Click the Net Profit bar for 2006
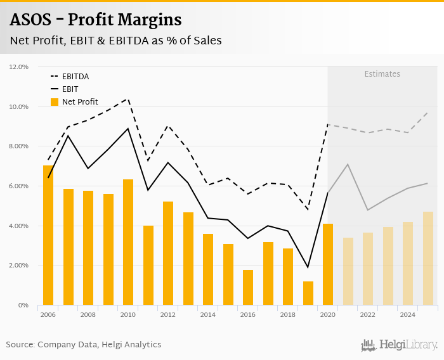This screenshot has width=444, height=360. pyautogui.click(x=48, y=235)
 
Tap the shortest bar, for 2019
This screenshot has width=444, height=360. pyautogui.click(x=308, y=293)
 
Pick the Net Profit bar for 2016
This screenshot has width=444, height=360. pyautogui.click(x=248, y=288)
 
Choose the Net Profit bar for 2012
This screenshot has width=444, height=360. pyautogui.click(x=168, y=254)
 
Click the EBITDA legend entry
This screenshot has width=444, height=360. pyautogui.click(x=75, y=77)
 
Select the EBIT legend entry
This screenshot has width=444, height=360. pyautogui.click(x=70, y=89)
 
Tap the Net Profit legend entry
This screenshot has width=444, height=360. pyautogui.click(x=79, y=102)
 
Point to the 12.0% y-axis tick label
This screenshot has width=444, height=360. pyautogui.click(x=19, y=67)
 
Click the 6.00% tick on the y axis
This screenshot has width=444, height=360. pyautogui.click(x=19, y=186)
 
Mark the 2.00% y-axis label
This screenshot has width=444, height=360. pyautogui.click(x=19, y=266)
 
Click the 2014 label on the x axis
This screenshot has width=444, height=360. pyautogui.click(x=208, y=314)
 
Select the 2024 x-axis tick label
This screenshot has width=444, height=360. pyautogui.click(x=408, y=314)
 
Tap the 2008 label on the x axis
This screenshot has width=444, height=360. pyautogui.click(x=88, y=314)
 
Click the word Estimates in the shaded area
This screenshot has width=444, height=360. pyautogui.click(x=382, y=74)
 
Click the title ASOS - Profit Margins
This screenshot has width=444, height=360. pyautogui.click(x=96, y=20)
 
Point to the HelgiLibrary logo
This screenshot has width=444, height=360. pyautogui.click(x=399, y=345)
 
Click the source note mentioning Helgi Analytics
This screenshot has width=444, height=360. pyautogui.click(x=84, y=345)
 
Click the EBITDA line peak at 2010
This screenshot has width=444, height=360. pyautogui.click(x=128, y=98)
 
